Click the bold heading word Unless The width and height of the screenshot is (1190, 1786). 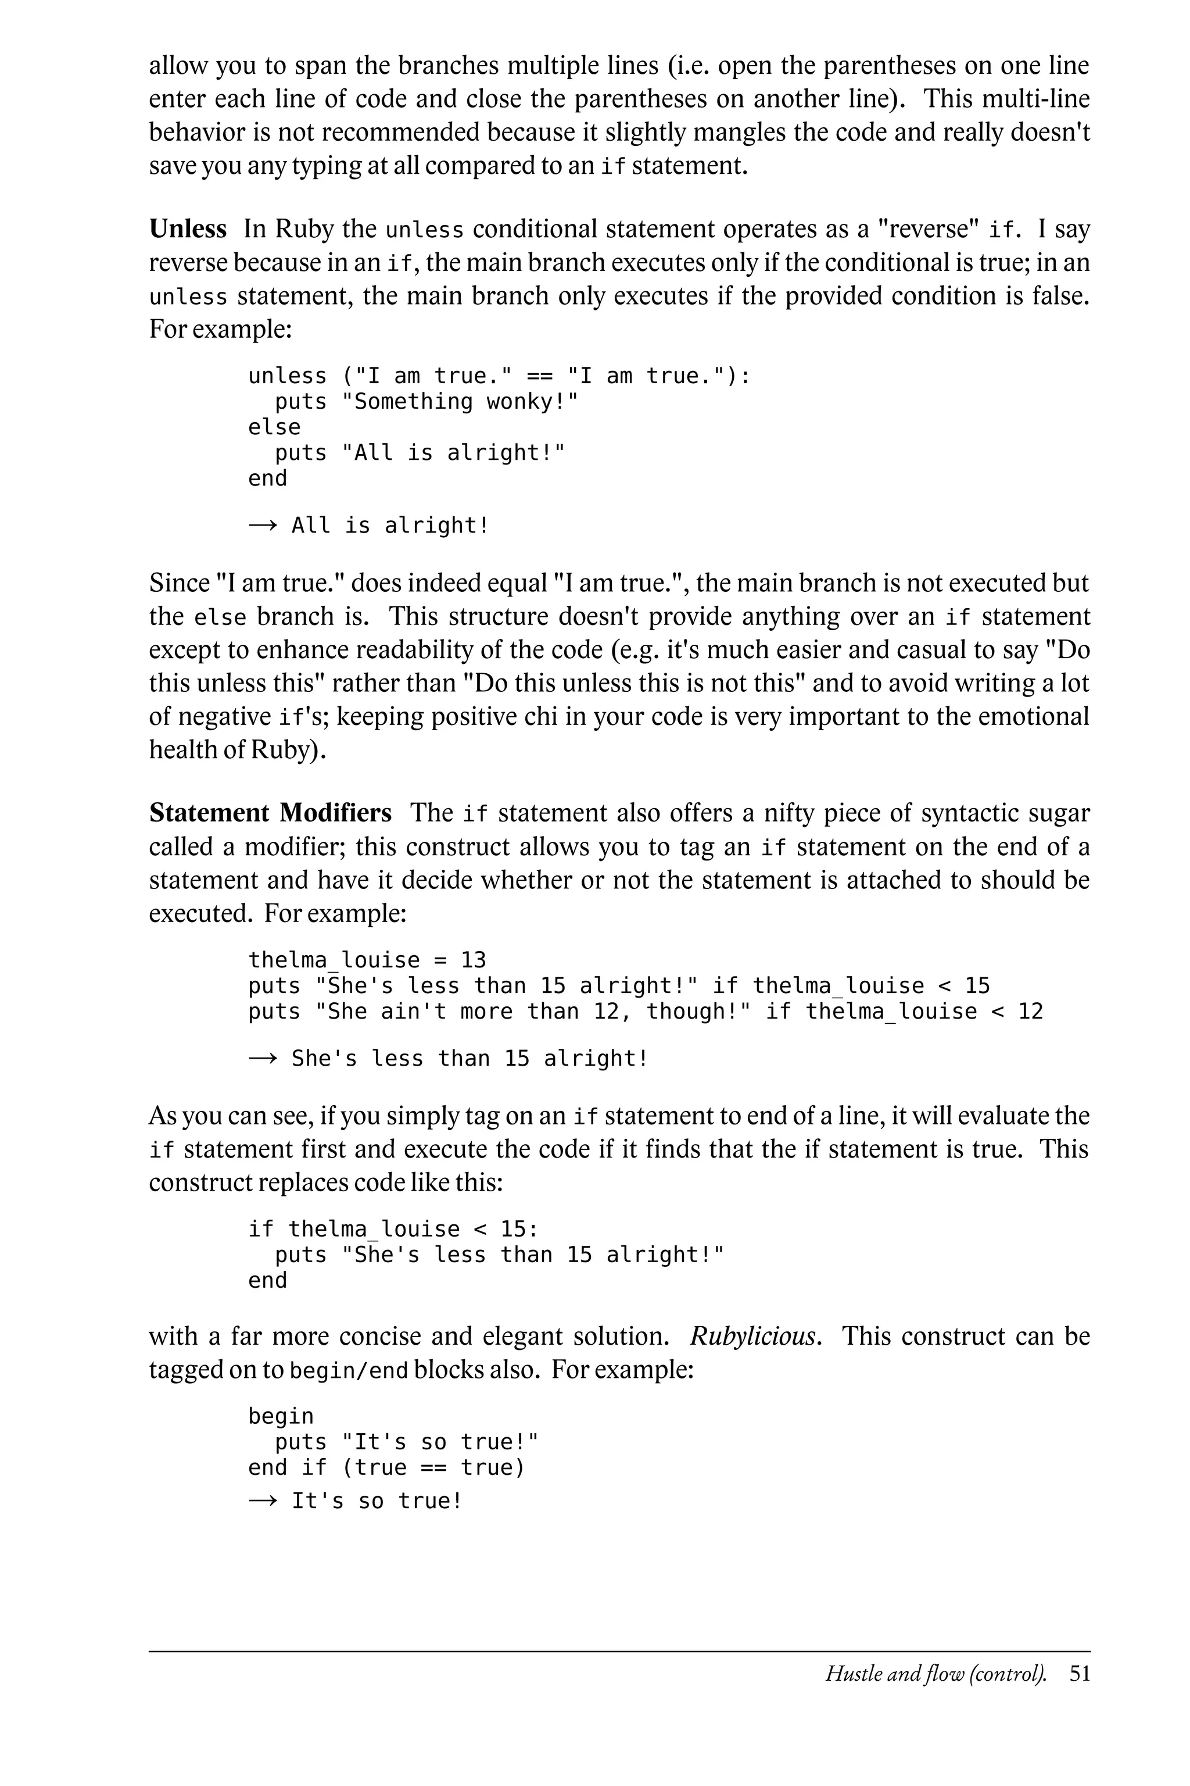(x=188, y=228)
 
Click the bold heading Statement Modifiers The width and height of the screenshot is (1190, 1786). (x=270, y=813)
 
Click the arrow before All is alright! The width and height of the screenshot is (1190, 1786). (x=263, y=526)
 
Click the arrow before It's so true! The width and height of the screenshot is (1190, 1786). (x=263, y=1501)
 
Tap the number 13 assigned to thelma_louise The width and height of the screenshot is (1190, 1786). (x=473, y=960)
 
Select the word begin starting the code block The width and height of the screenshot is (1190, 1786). (x=281, y=1416)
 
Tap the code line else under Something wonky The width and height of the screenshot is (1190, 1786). (x=274, y=427)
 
